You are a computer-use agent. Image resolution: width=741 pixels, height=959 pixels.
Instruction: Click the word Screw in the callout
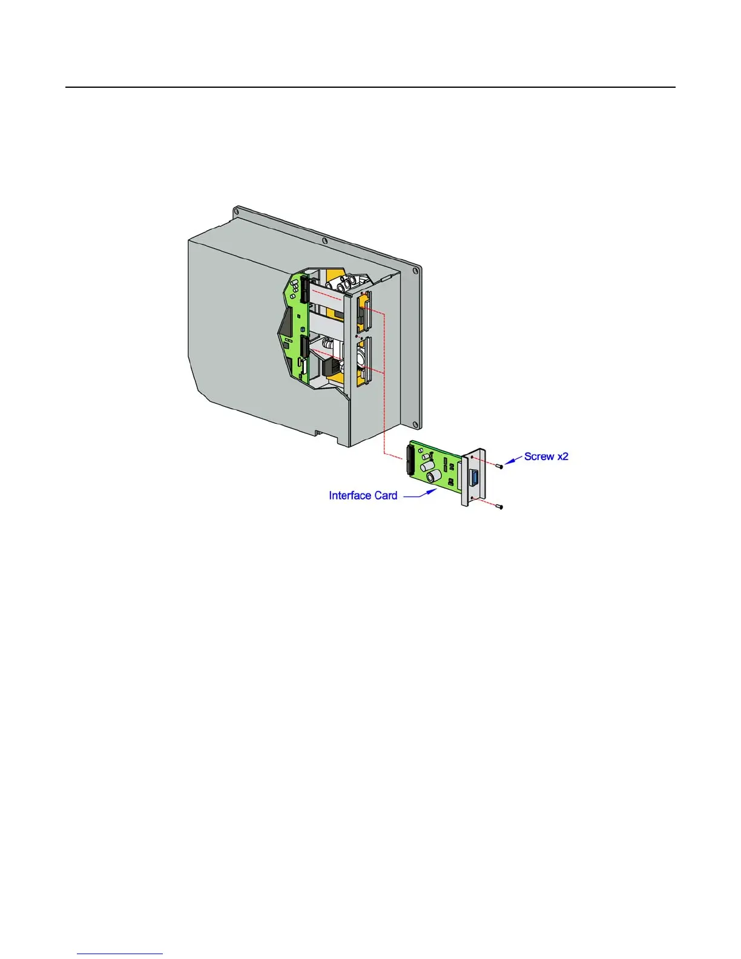pos(539,456)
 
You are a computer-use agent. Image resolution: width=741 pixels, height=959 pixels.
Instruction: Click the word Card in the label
pos(386,496)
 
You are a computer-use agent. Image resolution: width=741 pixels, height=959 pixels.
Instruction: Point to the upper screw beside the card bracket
pos(500,467)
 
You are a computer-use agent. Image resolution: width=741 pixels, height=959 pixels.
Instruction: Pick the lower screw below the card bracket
pos(500,507)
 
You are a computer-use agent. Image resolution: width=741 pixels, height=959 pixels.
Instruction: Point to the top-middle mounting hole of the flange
pos(325,241)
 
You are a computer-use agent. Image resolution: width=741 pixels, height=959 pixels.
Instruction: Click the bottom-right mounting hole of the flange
pos(418,422)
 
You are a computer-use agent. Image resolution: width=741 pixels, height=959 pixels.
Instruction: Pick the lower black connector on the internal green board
pos(303,348)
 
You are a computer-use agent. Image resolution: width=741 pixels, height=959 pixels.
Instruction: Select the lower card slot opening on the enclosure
pos(364,360)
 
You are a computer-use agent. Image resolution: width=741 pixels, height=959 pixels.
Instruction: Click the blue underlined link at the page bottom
pos(120,955)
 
